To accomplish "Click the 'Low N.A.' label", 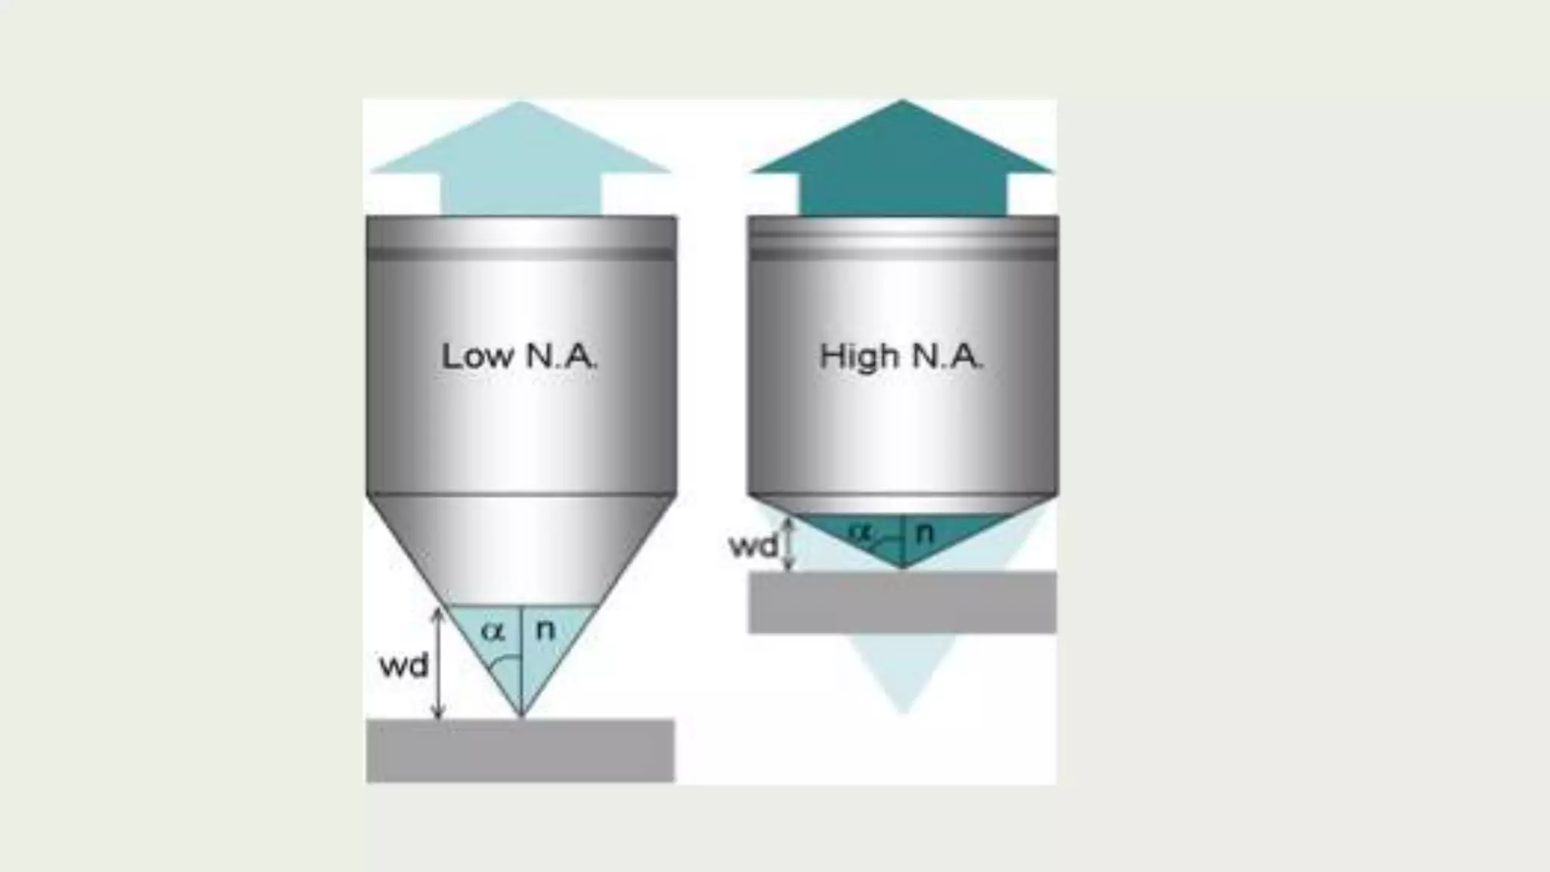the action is [x=519, y=357].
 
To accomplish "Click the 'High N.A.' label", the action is [x=901, y=357].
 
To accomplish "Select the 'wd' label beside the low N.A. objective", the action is [x=403, y=666].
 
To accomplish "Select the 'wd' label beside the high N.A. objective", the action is [x=753, y=546].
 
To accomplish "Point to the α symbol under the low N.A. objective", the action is [x=493, y=631].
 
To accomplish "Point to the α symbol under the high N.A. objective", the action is [x=860, y=531].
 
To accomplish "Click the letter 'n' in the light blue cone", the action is [x=545, y=629].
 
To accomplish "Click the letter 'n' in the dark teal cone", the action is [x=924, y=533].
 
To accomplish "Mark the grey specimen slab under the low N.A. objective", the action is [x=521, y=750].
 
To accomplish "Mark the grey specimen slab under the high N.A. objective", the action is [x=902, y=603].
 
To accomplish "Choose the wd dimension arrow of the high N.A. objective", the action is [x=789, y=544].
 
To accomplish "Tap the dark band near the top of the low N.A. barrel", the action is [x=521, y=254].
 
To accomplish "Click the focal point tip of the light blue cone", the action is [x=521, y=713].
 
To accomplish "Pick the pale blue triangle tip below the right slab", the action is [x=902, y=696].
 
